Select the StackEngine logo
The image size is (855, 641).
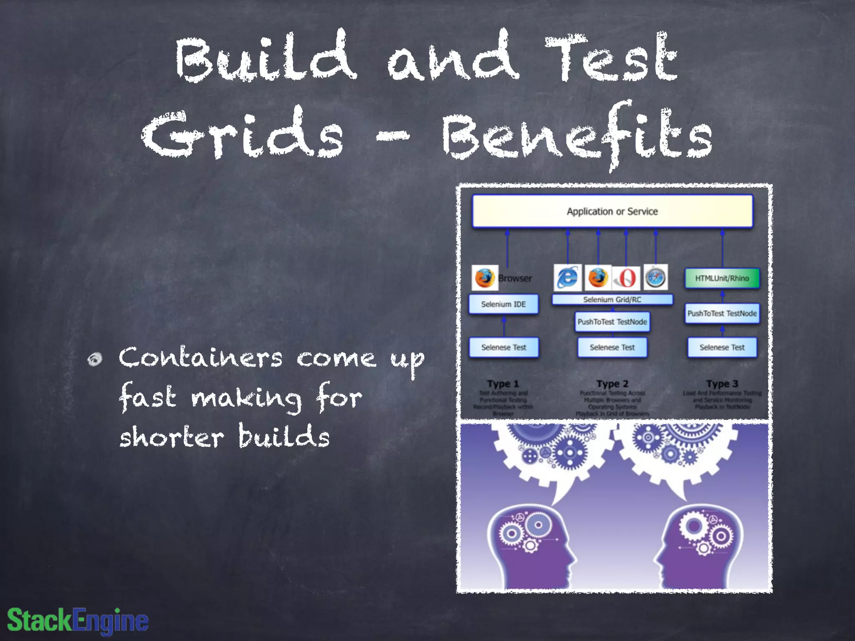pos(78,620)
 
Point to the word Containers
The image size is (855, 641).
pos(200,358)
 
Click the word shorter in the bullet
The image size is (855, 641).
pos(172,437)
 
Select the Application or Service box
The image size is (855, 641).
pos(612,212)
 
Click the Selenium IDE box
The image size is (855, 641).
pos(503,304)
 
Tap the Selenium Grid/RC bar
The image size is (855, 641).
pos(612,300)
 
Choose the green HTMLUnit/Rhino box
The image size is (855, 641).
pos(722,278)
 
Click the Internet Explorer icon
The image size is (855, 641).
pos(567,278)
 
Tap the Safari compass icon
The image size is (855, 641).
pos(655,277)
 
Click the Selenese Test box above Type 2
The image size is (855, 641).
pos(612,347)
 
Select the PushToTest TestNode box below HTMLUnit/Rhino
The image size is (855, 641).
pos(722,313)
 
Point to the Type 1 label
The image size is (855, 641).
pos(503,384)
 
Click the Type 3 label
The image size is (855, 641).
pos(722,384)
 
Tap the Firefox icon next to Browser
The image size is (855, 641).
pos(484,278)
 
